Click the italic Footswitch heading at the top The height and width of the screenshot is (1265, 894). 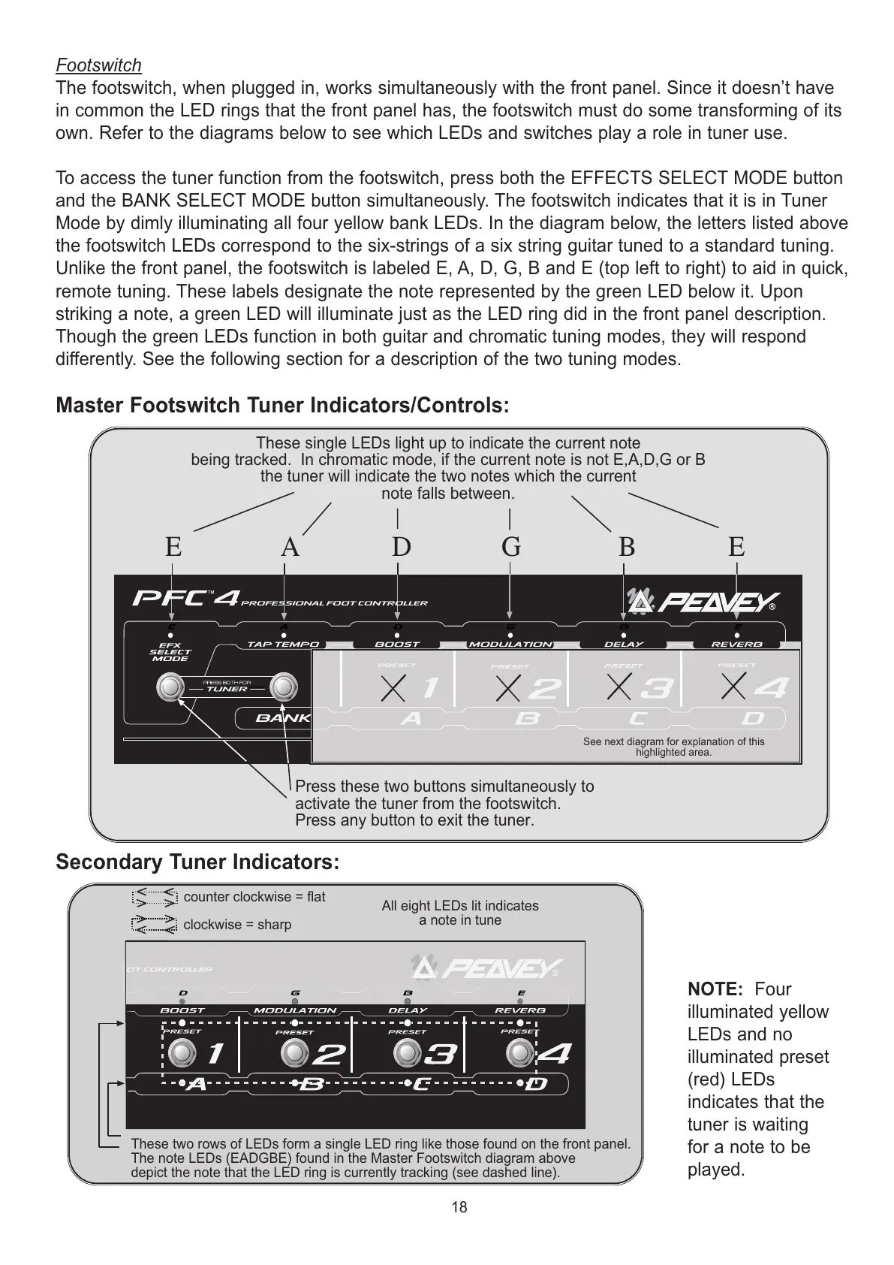pos(98,65)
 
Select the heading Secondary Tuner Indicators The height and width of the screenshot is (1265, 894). pos(197,862)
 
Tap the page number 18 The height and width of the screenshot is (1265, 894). pos(459,1207)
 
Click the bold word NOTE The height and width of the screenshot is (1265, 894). pos(715,989)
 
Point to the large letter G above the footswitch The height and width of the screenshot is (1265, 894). pos(511,547)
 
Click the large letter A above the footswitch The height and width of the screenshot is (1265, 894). pos(290,547)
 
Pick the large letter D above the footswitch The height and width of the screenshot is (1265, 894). pos(402,547)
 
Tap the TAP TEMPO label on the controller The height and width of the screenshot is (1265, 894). pos(284,645)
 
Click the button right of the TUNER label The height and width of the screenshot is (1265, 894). pos(283,687)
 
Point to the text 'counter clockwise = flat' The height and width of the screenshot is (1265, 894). pos(254,897)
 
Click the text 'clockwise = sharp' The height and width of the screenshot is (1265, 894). pos(237,925)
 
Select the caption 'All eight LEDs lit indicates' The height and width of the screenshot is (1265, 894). pos(460,906)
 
